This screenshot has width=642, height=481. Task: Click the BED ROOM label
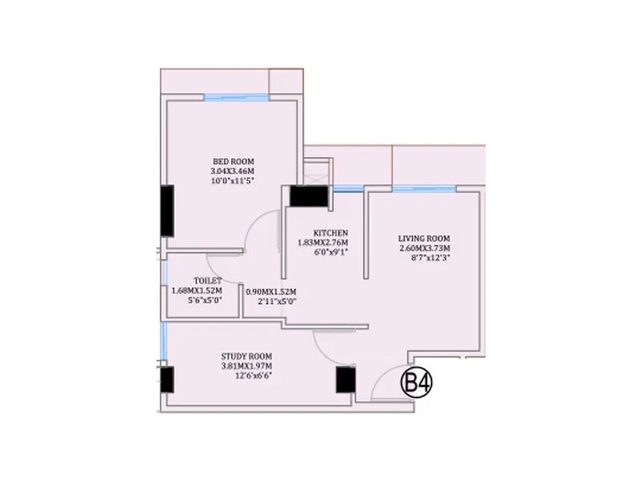tap(233, 161)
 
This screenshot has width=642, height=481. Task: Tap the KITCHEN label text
tap(330, 232)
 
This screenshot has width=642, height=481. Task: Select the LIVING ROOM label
tap(424, 238)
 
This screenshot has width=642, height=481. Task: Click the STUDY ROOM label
tap(247, 356)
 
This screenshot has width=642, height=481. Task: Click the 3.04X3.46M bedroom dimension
tap(233, 172)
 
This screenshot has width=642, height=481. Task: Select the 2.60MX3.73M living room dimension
tap(425, 249)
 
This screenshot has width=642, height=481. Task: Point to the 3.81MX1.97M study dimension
tap(247, 366)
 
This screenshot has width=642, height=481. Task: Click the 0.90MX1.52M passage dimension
tap(271, 291)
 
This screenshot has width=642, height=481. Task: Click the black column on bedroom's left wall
tap(167, 211)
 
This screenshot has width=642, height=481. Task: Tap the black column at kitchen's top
tap(310, 196)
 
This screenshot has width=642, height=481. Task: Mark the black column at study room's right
tap(345, 379)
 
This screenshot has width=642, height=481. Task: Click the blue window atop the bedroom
tap(235, 98)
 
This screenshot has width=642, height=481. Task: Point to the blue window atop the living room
tap(425, 188)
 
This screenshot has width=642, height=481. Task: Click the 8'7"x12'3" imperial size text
tap(425, 259)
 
